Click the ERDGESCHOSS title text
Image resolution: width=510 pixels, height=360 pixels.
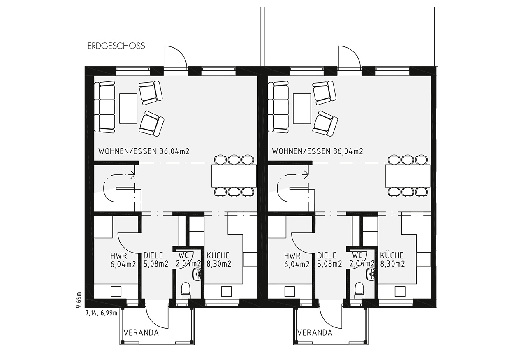tap(116, 46)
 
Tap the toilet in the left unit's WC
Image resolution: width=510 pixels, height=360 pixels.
tap(185, 290)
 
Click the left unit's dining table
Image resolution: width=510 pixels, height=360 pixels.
tap(234, 176)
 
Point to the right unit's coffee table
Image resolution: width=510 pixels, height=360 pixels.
tap(302, 108)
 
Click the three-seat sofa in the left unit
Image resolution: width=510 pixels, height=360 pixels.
tap(104, 107)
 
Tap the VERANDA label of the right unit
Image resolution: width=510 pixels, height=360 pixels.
tap(315, 333)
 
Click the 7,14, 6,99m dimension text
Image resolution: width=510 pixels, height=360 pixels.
tap(101, 313)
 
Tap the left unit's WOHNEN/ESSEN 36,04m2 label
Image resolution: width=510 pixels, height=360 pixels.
tap(144, 151)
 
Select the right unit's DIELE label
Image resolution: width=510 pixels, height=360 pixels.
tap(327, 255)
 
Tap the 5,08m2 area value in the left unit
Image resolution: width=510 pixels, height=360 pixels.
tap(156, 264)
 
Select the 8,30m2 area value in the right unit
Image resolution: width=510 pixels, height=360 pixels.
tap(392, 264)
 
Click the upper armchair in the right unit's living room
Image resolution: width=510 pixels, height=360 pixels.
tap(324, 93)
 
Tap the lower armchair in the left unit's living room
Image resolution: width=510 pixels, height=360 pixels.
tap(152, 124)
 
